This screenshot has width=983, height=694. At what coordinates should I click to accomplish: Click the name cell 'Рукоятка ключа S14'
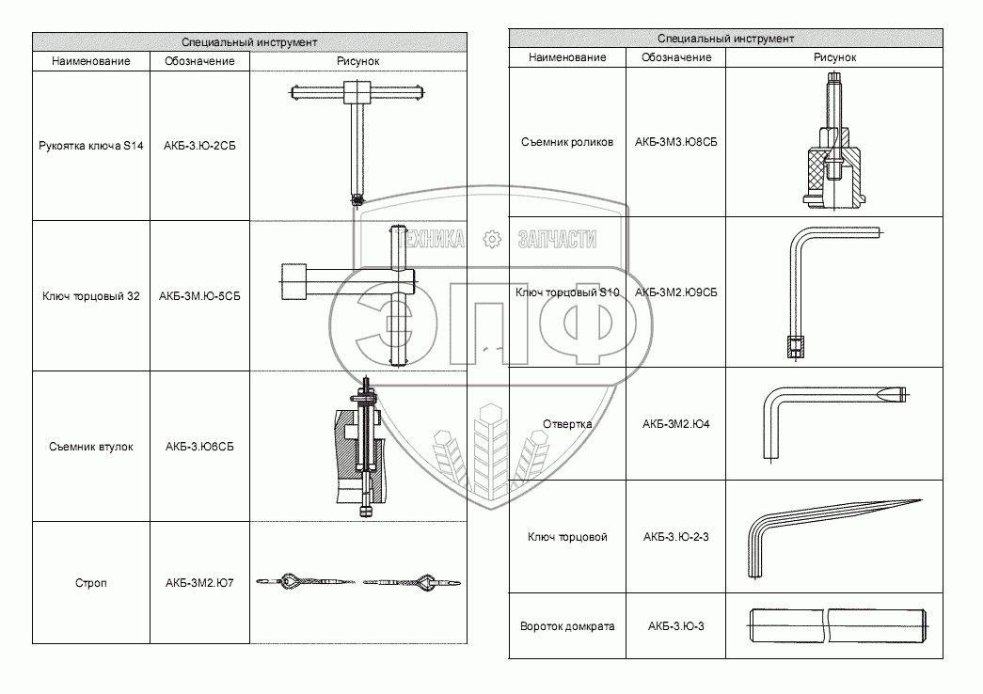[91, 147]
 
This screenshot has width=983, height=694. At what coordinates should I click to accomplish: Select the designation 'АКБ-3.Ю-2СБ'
[199, 147]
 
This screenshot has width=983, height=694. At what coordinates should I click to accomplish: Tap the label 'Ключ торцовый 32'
[91, 296]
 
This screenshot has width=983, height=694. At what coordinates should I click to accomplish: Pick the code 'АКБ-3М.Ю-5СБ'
[199, 296]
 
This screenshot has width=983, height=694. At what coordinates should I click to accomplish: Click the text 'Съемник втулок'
[91, 447]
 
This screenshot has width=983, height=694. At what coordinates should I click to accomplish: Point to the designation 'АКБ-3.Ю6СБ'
[199, 447]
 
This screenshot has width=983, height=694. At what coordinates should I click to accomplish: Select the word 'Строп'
[91, 583]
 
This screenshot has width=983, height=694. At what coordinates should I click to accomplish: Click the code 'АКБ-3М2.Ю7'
[199, 583]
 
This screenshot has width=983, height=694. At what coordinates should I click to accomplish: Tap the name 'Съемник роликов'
[567, 142]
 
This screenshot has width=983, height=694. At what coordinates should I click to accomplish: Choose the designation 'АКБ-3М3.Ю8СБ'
[676, 142]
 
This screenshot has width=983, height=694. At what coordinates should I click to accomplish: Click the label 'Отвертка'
[567, 424]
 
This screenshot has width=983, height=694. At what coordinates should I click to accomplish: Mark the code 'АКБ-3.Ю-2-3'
[676, 537]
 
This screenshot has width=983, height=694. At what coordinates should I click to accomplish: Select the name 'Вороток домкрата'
[567, 626]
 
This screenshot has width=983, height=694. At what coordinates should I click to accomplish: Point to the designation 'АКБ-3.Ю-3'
[676, 626]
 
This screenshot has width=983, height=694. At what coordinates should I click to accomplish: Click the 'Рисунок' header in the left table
[358, 61]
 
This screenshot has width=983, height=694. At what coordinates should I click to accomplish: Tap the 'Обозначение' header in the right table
[676, 57]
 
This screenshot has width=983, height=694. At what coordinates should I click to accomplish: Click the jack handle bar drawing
[837, 626]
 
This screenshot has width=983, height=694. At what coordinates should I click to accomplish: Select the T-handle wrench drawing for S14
[357, 136]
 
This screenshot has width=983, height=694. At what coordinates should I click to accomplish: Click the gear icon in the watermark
[490, 240]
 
